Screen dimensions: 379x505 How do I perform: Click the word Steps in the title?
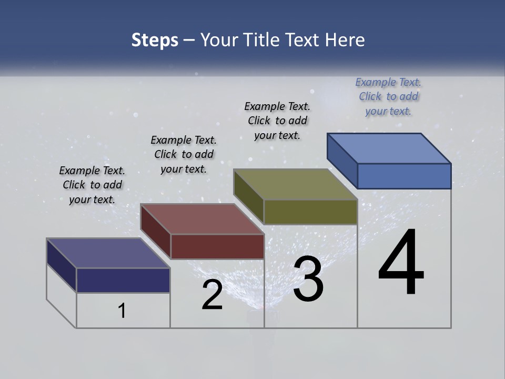[x=155, y=40]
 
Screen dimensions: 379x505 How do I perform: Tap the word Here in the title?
[x=345, y=40]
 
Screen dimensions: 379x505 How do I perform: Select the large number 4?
[x=401, y=263]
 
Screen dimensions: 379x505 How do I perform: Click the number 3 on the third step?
[x=308, y=279]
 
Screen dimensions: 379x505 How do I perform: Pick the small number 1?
[x=122, y=311]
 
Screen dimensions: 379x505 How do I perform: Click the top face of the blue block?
[x=389, y=148]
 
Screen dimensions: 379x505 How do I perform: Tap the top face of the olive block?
[x=296, y=184]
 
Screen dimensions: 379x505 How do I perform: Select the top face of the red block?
[x=203, y=219]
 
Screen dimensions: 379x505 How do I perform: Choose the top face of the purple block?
[x=108, y=253]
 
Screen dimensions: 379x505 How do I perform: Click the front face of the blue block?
[x=404, y=176]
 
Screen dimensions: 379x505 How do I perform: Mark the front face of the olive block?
[x=310, y=212]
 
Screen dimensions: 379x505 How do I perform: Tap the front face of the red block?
[x=217, y=246]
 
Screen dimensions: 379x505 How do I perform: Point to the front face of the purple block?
[x=123, y=280]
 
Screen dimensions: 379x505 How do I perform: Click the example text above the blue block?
[x=388, y=97]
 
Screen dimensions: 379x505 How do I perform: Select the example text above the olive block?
[x=277, y=121]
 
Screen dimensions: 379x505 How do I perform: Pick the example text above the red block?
[x=184, y=154]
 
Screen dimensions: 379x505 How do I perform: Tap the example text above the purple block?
[x=92, y=185]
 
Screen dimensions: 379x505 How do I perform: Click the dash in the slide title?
[x=189, y=41]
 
